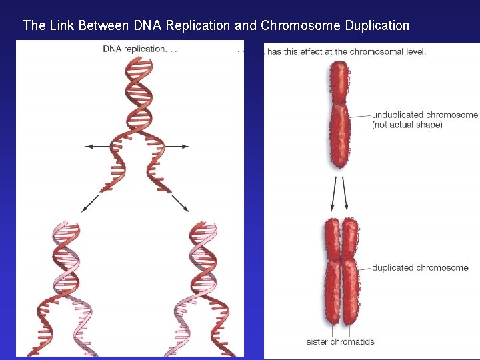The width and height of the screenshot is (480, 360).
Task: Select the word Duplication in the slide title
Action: click(377, 26)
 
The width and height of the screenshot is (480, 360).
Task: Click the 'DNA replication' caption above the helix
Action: click(140, 49)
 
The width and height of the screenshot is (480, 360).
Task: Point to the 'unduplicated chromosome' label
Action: click(425, 115)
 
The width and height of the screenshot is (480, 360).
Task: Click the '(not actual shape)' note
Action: click(407, 125)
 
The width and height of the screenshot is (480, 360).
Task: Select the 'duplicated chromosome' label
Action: click(420, 267)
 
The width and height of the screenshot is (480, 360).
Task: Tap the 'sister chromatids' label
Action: click(340, 342)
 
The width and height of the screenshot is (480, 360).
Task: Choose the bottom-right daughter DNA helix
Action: click(203, 287)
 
